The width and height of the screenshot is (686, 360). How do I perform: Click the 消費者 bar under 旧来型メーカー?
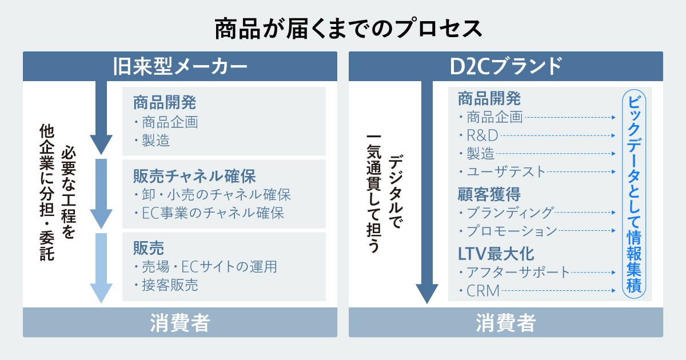click(180, 323)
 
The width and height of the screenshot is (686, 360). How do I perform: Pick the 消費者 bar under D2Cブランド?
click(505, 323)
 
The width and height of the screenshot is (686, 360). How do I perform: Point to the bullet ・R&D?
click(479, 135)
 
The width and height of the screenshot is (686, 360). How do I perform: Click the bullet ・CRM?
click(480, 291)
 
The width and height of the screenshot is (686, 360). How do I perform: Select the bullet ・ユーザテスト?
click(502, 171)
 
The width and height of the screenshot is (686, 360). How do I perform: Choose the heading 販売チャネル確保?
click(194, 175)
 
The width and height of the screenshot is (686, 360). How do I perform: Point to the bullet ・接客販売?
click(166, 285)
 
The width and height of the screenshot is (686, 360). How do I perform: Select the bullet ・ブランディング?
click(506, 213)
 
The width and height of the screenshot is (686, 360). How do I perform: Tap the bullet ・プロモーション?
click(508, 231)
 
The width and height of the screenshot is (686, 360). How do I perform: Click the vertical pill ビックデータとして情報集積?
click(633, 194)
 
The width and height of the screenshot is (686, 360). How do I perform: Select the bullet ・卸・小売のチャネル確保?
click(212, 194)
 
